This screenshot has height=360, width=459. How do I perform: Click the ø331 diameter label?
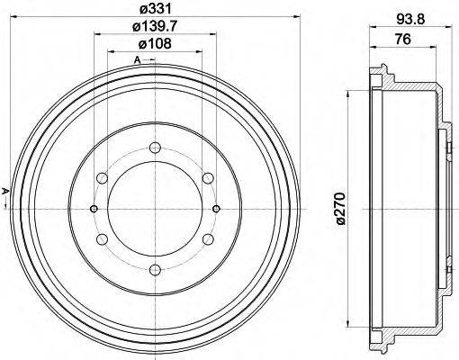click(x=155, y=9)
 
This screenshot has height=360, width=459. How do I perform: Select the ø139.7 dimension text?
click(x=155, y=29)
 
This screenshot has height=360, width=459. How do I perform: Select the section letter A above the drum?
click(x=137, y=60)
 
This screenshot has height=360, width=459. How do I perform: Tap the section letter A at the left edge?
click(x=5, y=190)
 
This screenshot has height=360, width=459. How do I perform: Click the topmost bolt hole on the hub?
click(x=155, y=148)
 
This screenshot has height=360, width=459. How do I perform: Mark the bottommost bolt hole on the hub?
click(x=155, y=269)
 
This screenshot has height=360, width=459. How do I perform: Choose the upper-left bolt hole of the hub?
click(x=103, y=178)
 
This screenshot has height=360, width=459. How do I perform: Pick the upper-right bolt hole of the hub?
click(x=208, y=178)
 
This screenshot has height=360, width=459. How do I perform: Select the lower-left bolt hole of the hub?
click(x=103, y=238)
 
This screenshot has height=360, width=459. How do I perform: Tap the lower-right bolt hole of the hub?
click(x=208, y=238)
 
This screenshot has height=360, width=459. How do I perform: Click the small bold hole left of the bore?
click(x=94, y=208)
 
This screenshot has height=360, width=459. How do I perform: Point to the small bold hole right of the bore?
click(x=217, y=208)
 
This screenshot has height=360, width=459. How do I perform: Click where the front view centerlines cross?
click(x=155, y=208)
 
